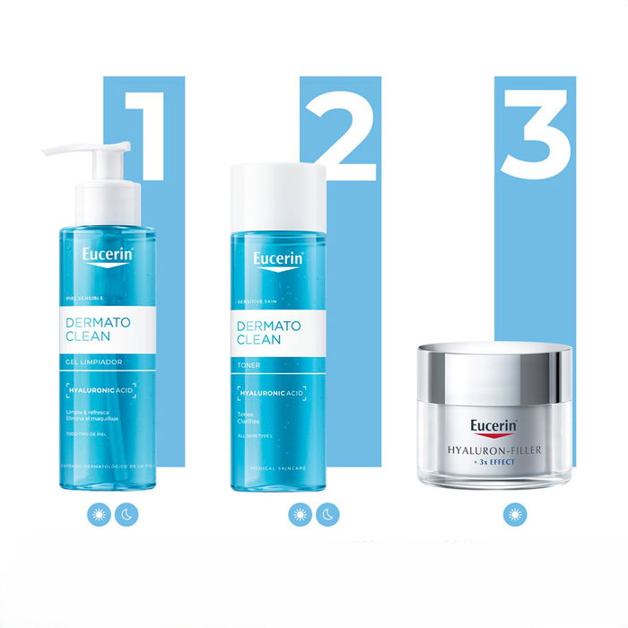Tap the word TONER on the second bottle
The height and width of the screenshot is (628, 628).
[x=248, y=366]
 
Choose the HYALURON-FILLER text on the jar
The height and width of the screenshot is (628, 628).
[x=492, y=450]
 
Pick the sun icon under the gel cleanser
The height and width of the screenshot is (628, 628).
[x=100, y=515]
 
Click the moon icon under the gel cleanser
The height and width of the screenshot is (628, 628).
[x=126, y=515]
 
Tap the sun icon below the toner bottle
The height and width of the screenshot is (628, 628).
[x=301, y=515]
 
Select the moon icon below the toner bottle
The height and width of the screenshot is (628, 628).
[x=327, y=515]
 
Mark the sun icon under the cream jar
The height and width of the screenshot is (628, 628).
[x=514, y=514]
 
